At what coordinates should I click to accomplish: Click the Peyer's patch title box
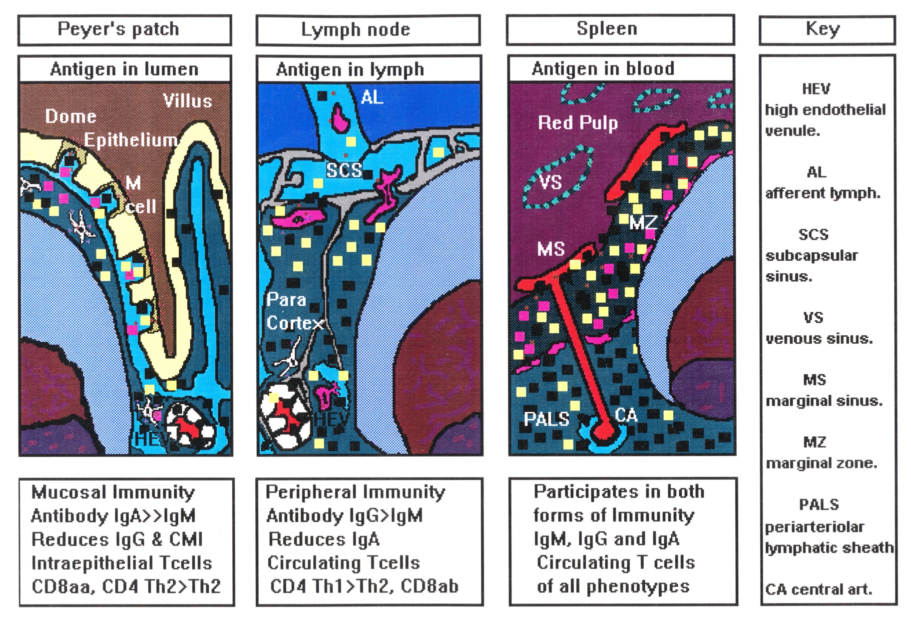(x=124, y=30)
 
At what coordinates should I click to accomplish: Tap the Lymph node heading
(x=368, y=30)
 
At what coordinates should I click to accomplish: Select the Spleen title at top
(x=620, y=29)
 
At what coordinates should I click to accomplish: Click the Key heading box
(x=827, y=29)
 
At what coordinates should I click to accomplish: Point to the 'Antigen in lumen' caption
(x=124, y=69)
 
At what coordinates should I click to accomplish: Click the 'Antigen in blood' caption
(x=603, y=68)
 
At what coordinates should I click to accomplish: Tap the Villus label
(x=188, y=101)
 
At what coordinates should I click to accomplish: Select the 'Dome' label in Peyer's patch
(x=70, y=116)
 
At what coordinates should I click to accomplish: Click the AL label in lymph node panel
(x=372, y=97)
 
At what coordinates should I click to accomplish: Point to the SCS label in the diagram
(x=344, y=170)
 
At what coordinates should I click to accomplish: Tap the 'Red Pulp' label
(x=578, y=123)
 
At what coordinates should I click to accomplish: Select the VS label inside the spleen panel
(x=551, y=182)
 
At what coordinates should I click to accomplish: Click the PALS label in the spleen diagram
(x=546, y=419)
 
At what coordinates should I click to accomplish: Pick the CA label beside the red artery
(x=626, y=415)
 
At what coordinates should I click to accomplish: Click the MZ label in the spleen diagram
(x=643, y=222)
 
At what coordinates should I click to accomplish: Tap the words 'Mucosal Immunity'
(x=113, y=492)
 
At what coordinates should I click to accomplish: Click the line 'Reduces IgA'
(x=324, y=539)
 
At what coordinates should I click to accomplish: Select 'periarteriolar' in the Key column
(x=815, y=527)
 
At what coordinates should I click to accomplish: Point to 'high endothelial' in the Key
(x=825, y=110)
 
